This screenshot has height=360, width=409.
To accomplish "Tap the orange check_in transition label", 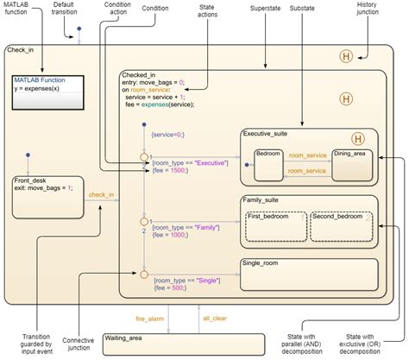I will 101,194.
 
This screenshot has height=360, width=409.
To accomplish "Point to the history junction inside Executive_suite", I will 357,138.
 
